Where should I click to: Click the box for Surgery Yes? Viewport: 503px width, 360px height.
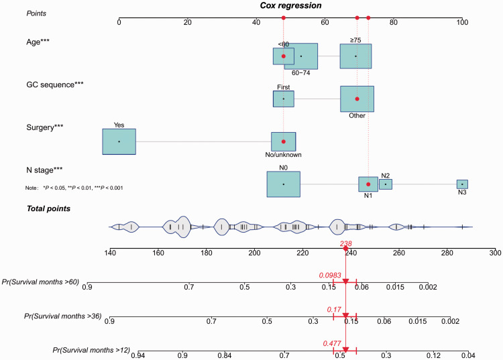pyautogui.click(x=119, y=141)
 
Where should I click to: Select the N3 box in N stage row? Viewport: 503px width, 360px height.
pyautogui.click(x=462, y=184)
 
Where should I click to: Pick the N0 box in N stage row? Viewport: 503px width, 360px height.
pyautogui.click(x=283, y=184)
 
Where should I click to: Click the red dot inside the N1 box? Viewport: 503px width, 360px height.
pyautogui.click(x=368, y=184)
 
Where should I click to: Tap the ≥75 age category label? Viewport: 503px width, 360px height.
pyautogui.click(x=355, y=40)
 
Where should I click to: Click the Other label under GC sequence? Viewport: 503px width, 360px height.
pyautogui.click(x=357, y=115)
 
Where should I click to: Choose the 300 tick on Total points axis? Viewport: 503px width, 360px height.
pyautogui.click(x=495, y=253)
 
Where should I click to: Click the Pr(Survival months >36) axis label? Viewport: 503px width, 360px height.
pyautogui.click(x=62, y=315)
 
